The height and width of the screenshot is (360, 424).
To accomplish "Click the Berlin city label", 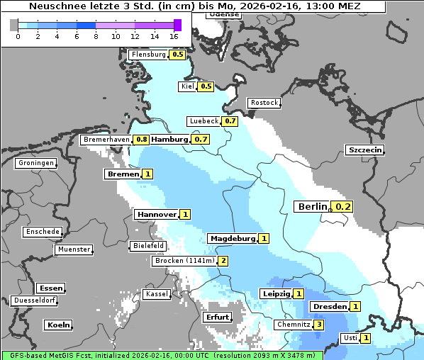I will pos(311,206).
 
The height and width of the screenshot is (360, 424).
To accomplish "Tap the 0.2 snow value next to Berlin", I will pos(343,206).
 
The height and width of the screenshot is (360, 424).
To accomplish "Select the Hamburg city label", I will pos(169,140).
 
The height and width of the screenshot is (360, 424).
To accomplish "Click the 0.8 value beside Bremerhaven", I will pos(142,140).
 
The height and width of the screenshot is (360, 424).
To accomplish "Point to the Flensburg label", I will pos(148,54).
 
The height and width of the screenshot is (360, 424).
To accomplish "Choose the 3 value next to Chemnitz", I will pos(319,325).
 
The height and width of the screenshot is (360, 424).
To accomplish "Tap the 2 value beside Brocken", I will pos(223,261).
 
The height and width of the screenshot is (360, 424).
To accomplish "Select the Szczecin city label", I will pos(364,150).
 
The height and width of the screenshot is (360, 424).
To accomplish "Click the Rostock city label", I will pos(264,103).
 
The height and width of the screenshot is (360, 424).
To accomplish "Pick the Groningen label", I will pos(35,163).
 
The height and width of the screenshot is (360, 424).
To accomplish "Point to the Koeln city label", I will pos(58,325).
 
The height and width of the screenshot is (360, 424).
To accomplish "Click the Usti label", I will pos(350,338).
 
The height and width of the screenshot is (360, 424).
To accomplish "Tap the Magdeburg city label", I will pos(232,239).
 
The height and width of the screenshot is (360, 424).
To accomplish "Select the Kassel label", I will pos(156,293).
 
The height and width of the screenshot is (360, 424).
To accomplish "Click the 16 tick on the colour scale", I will pos(174,36).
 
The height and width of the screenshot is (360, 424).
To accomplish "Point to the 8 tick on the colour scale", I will pos(96,36).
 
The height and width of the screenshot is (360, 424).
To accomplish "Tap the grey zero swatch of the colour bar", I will pos(14,25).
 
